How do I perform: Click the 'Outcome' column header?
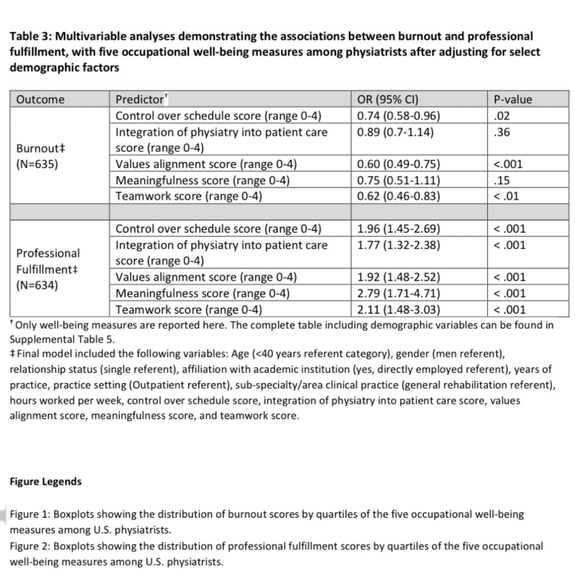(40, 99)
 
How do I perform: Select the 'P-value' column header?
(513, 99)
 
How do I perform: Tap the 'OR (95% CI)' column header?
(388, 99)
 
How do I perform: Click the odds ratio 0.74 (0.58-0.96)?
(398, 116)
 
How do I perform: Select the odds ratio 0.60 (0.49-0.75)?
(398, 164)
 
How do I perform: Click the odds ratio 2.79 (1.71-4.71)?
(398, 293)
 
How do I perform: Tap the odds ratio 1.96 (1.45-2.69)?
(398, 229)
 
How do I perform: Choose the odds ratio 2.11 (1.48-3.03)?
(398, 310)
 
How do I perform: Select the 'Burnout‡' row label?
(37, 148)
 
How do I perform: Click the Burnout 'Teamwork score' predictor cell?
(188, 197)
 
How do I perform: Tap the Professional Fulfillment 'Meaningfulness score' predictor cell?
(202, 293)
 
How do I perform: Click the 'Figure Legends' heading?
(46, 482)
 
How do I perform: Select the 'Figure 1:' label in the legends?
(30, 515)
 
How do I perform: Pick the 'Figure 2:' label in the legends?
(30, 546)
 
